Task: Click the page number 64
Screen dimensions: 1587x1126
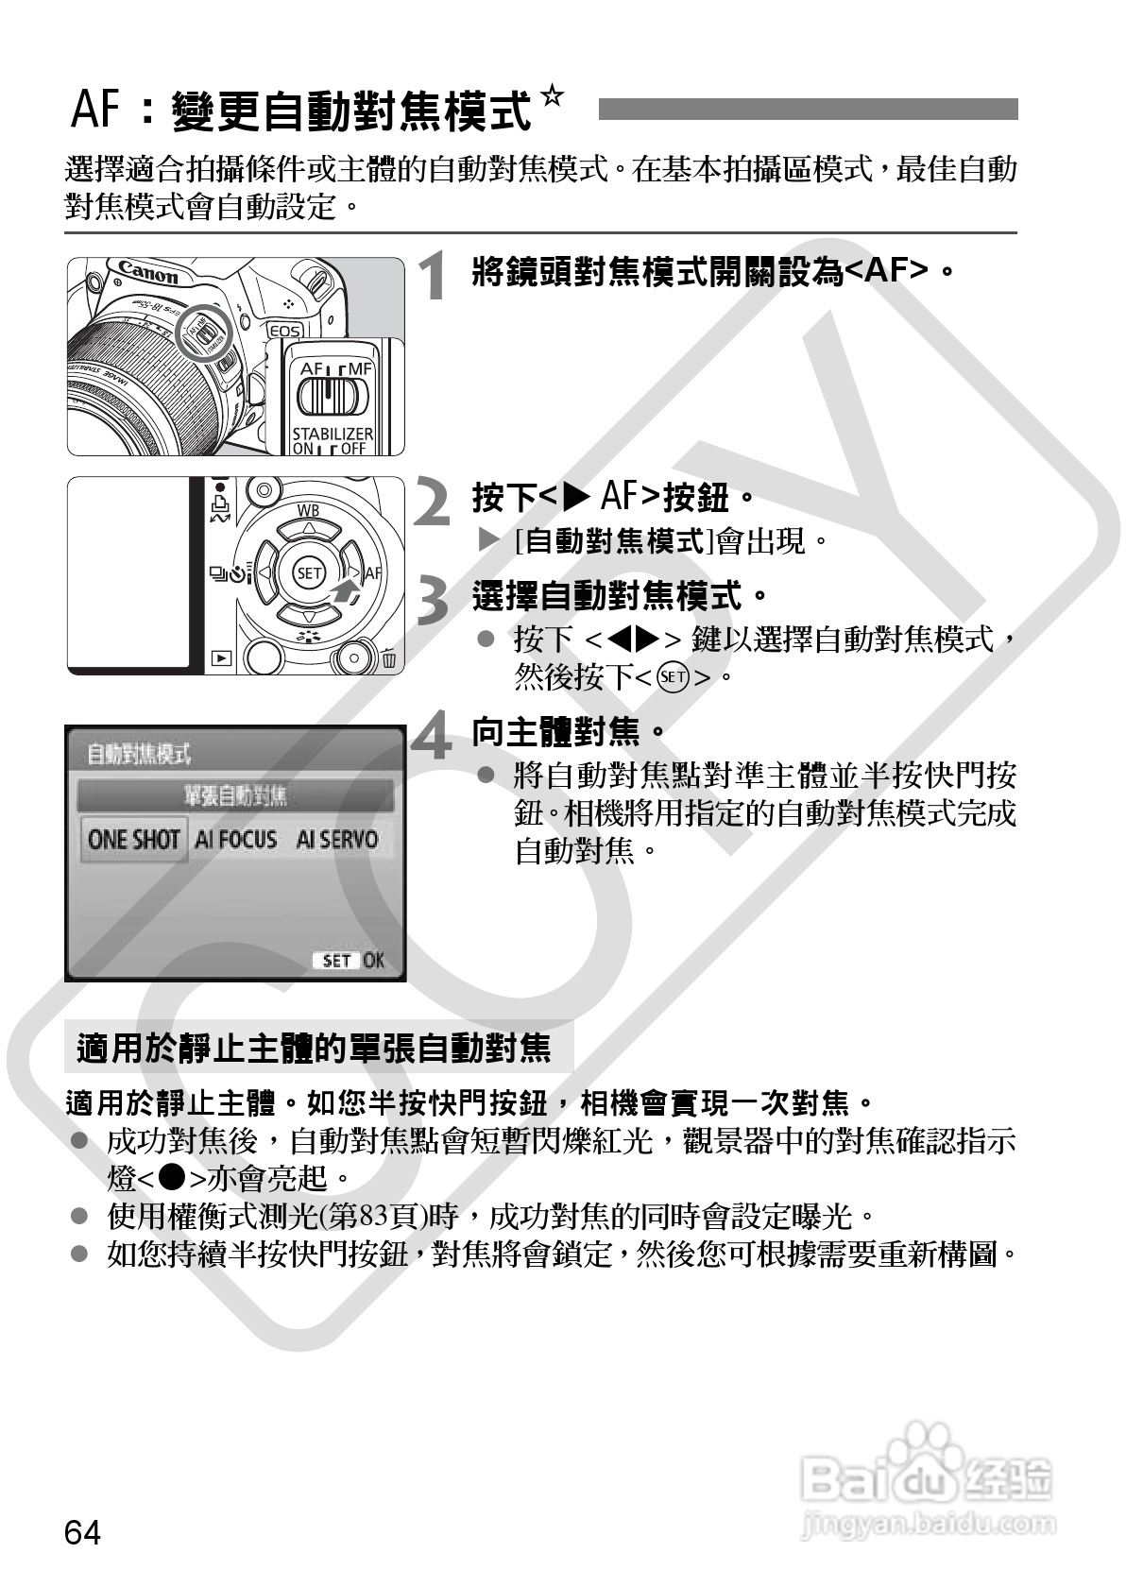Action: pos(82,1532)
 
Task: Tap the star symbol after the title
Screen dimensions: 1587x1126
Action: pos(552,97)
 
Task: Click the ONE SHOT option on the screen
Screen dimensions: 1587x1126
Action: pos(133,840)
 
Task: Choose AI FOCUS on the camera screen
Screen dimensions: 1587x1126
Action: pos(235,840)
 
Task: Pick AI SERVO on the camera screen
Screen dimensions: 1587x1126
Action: pos(336,840)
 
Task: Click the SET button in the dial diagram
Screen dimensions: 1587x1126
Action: pos(309,572)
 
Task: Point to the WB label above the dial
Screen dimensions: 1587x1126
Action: pos(308,511)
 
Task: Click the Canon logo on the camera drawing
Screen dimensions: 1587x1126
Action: pos(148,274)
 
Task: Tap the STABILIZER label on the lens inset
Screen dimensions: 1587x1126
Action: pos(332,433)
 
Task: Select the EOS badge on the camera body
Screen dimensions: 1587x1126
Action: pos(285,331)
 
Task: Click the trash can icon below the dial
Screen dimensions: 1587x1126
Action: pos(389,658)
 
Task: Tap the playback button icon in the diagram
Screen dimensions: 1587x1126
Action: pos(221,657)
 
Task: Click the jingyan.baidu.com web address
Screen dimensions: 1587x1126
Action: pos(927,1523)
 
